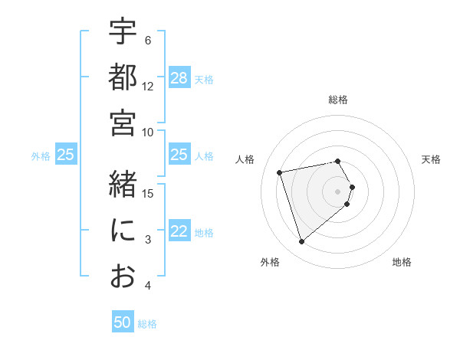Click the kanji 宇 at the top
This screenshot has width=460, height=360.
point(123,32)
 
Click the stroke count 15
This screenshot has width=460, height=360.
point(149,193)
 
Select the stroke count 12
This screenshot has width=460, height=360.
point(149,87)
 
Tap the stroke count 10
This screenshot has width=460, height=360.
point(149,132)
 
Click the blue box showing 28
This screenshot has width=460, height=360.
point(179,78)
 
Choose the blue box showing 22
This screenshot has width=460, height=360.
point(179,232)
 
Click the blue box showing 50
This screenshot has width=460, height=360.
point(123,322)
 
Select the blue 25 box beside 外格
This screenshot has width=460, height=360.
point(66,155)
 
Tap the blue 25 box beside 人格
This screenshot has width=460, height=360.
point(179,155)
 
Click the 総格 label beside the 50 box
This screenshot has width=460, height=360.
point(147,324)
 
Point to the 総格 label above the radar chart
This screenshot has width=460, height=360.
point(338,100)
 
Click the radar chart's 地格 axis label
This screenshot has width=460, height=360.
point(402,262)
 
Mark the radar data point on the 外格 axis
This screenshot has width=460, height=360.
point(302,242)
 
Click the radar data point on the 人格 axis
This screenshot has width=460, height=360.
point(280,172)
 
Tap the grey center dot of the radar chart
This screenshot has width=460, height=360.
point(338,190)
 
